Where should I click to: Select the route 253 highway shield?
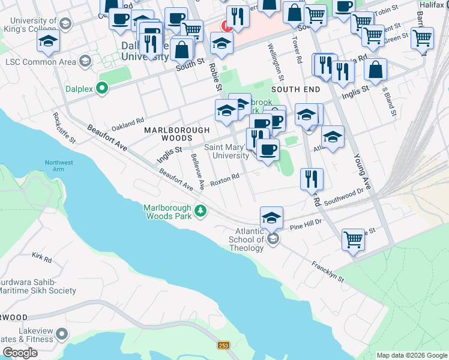[223, 346]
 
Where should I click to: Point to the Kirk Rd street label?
[42, 258]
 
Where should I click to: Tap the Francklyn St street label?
[327, 272]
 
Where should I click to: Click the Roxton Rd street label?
[225, 179]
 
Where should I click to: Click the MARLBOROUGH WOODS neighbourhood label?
[176, 134]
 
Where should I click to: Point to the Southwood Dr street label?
[344, 198]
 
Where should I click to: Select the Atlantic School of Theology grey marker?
[273, 239]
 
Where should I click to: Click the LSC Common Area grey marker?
[85, 61]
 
